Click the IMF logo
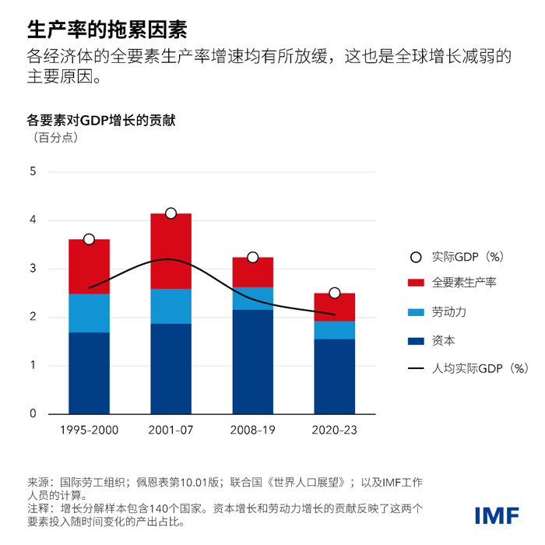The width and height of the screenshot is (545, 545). click(x=495, y=515)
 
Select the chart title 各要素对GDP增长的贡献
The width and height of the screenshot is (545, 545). click(x=101, y=121)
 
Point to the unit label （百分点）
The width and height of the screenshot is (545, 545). click(x=55, y=139)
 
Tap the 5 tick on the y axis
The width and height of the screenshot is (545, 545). click(x=33, y=172)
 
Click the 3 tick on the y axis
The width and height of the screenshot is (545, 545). click(x=33, y=269)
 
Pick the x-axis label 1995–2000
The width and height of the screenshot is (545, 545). click(x=89, y=429)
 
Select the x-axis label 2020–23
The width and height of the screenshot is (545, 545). click(x=334, y=429)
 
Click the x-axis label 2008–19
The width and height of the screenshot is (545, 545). click(x=252, y=429)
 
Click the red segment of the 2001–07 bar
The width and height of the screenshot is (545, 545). click(x=171, y=251)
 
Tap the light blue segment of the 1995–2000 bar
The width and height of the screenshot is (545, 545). click(x=89, y=313)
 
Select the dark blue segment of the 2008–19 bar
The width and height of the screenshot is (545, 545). click(x=252, y=361)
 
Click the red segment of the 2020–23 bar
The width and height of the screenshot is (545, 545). click(x=334, y=307)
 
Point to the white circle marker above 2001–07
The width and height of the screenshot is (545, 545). click(x=171, y=213)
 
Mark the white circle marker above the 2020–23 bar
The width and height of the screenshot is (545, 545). click(x=334, y=293)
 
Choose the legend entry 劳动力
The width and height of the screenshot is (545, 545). click(x=449, y=312)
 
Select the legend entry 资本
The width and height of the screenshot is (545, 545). click(x=444, y=340)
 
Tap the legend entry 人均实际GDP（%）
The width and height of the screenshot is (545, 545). click(x=480, y=369)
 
